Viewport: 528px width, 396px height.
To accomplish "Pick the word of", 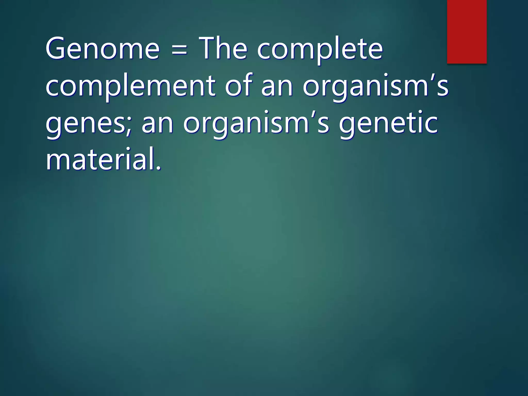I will [239, 85].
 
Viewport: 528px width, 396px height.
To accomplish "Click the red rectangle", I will [467, 31].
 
